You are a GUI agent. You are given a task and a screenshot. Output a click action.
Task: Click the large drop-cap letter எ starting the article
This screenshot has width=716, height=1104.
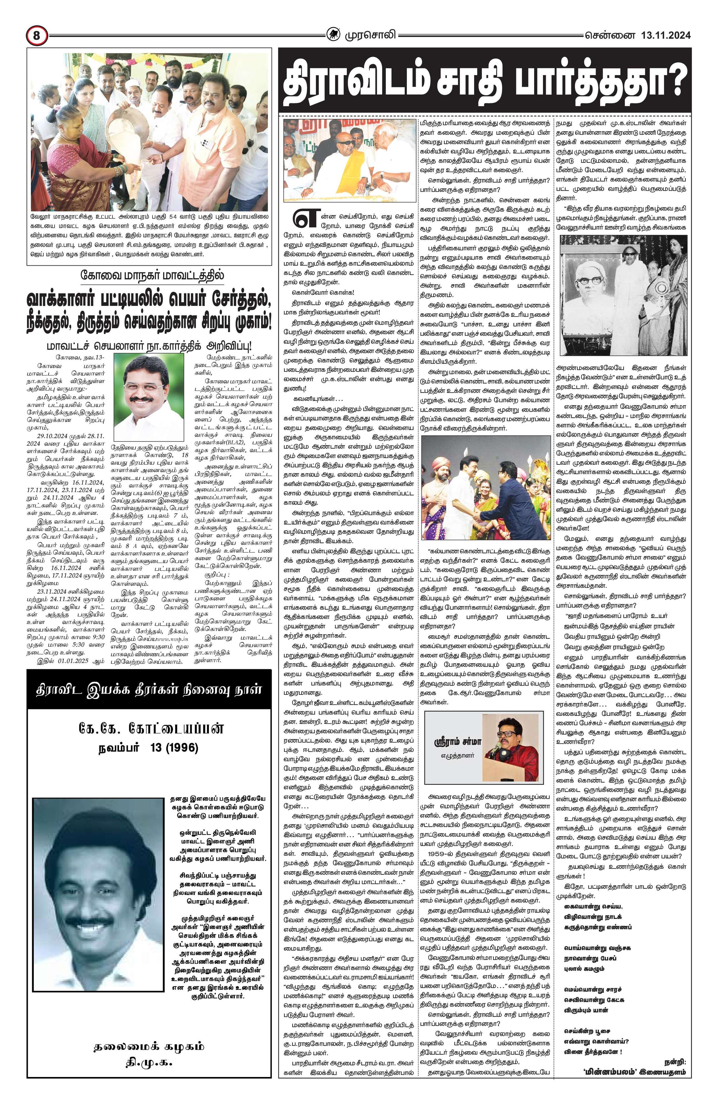(301, 221)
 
